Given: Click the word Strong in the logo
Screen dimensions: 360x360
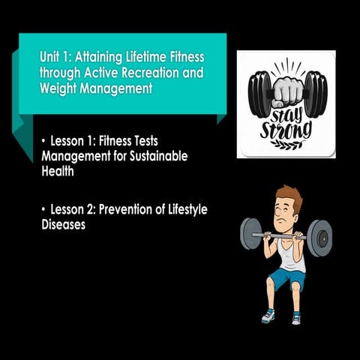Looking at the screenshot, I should coord(286,130).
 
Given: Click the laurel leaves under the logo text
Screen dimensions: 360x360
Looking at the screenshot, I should coord(286,145).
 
